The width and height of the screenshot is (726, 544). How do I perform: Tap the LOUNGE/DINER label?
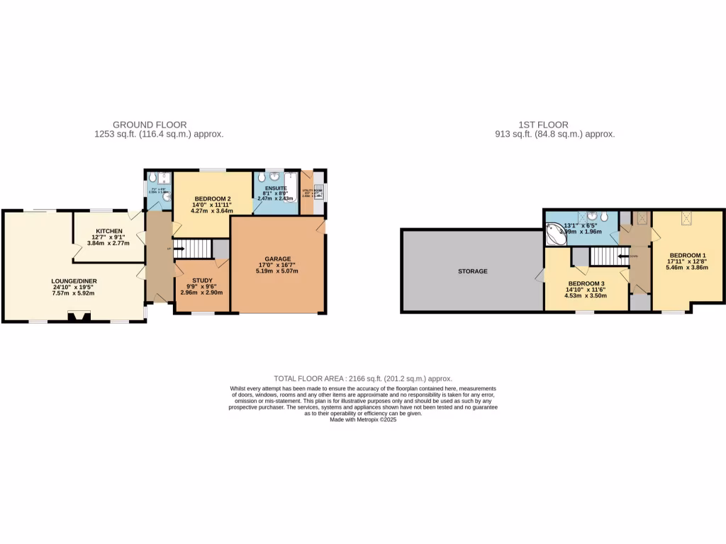coord(74,281)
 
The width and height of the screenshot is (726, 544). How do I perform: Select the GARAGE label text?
coord(277,259)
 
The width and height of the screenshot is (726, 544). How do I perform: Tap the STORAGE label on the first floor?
coord(472,271)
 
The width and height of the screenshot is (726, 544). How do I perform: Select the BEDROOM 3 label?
coord(585,283)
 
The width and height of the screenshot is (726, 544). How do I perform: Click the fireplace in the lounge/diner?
coord(74,316)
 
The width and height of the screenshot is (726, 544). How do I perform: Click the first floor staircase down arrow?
coord(624,256)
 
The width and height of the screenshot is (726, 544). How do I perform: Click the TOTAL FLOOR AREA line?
coord(363,379)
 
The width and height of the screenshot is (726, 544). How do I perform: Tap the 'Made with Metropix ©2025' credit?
coord(363,419)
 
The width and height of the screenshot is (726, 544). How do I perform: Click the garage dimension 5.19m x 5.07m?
coord(277,271)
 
